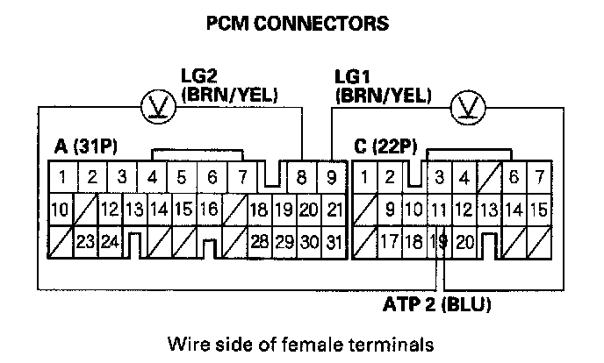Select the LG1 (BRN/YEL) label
[383, 85]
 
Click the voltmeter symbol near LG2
[158, 107]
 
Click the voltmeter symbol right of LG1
[465, 107]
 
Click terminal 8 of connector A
[302, 178]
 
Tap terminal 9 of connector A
[331, 178]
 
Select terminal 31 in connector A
[333, 241]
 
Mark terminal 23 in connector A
[85, 241]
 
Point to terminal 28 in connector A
[258, 241]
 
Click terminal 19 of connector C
[441, 241]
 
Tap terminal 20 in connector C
[465, 241]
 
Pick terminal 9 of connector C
[390, 210]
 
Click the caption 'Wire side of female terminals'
[301, 342]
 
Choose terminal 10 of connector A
[60, 210]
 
